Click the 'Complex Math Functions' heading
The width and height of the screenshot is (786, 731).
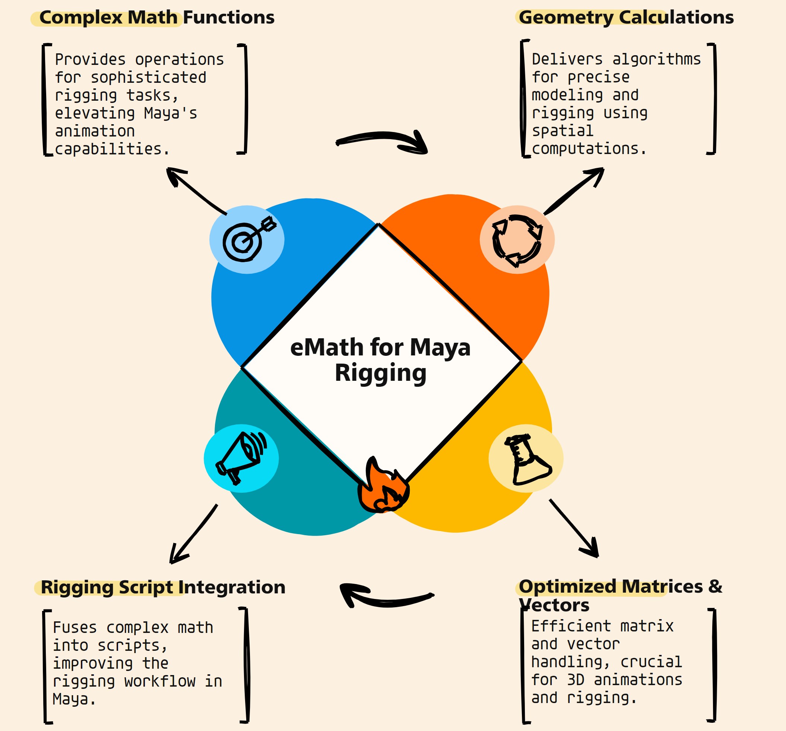[x=157, y=18]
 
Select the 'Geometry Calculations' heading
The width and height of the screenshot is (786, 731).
[x=626, y=18]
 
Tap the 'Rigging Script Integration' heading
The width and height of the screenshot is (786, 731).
[x=163, y=587]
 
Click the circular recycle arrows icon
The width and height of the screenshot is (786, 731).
[x=517, y=241]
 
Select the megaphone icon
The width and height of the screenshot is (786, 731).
[x=241, y=458]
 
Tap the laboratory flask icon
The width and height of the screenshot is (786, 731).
[x=527, y=459]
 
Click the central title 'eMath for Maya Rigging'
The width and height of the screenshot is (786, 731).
[x=380, y=360]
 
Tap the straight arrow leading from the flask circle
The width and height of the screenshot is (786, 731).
[x=574, y=528]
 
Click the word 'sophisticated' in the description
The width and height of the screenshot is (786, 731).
[x=149, y=78]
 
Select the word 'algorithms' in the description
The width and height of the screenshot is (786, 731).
[x=656, y=59]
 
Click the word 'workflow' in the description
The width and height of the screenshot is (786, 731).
[x=160, y=681]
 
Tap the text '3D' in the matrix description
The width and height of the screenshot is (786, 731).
[x=576, y=680]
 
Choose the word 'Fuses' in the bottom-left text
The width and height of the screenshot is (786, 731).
[x=75, y=627]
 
